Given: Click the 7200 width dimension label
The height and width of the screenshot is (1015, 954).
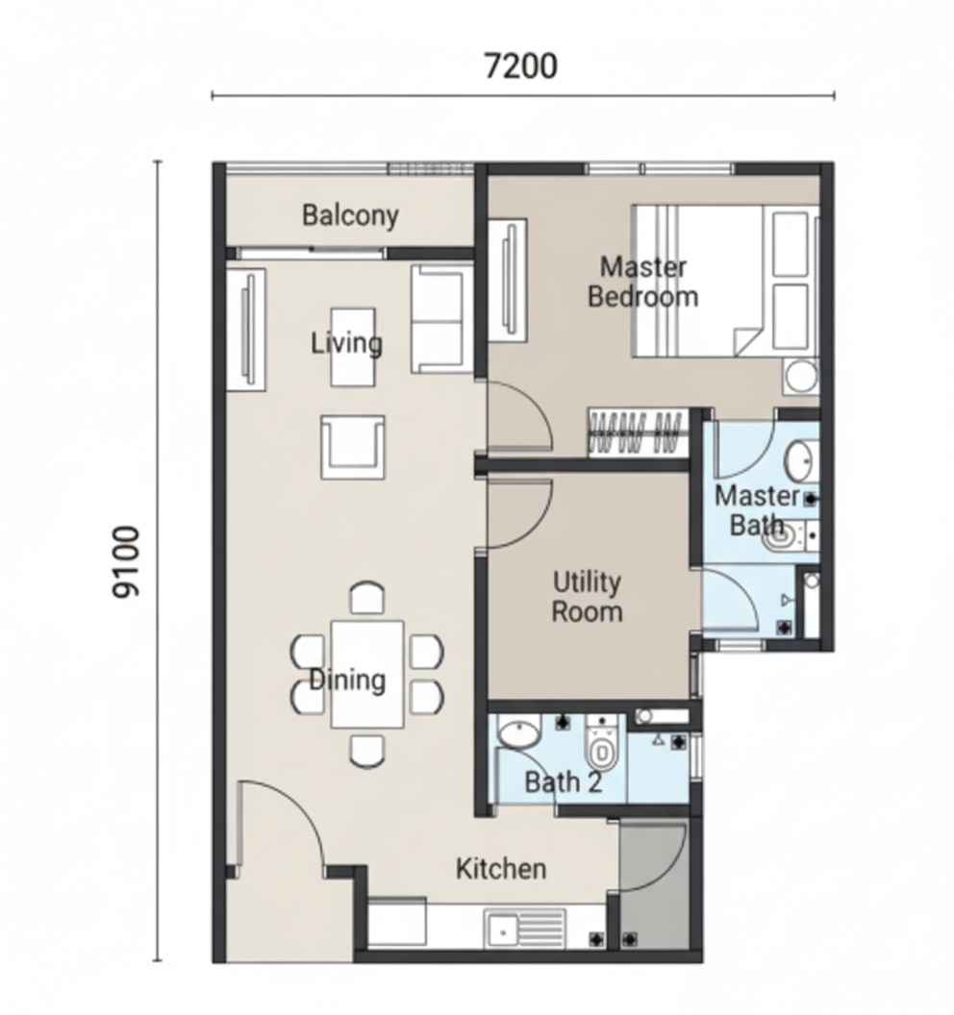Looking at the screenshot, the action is pos(520,66).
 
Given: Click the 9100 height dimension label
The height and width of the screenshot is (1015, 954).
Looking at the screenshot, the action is pos(126,562).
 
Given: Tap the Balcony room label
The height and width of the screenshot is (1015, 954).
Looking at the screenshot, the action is pos(350,215).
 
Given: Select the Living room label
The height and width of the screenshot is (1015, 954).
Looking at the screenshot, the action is pos(346,343).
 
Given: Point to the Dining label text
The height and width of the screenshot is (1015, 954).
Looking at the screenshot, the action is pos(347,680).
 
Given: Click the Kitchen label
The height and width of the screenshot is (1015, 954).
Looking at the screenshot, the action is pos(501,869).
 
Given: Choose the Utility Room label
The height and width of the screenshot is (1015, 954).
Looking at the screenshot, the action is pos(587,597).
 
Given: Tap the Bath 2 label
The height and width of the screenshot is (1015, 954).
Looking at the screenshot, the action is pos(563,782).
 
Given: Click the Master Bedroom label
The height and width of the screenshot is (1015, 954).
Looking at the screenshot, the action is pos(642,282).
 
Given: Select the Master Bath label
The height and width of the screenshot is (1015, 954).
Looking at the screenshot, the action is pos(757,510).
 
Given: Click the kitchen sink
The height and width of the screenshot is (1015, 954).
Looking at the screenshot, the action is pos(524,928).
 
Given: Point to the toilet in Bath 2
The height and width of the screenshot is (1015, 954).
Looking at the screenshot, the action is pos(602,743).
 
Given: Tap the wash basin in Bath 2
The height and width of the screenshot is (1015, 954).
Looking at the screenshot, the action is pos(518,731).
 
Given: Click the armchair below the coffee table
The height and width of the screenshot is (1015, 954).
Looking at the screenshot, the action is pos(352,447).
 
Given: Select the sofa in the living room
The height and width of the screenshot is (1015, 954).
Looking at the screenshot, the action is pos(441,319).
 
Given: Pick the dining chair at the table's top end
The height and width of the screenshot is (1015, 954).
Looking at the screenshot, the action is pos(366,598).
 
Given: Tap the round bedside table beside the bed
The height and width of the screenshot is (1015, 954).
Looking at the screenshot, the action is pos(801,376).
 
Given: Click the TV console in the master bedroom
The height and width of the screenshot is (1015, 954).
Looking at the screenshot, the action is pos(507,281).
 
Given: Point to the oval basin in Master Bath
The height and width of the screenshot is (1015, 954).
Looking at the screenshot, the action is pos(801,461).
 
